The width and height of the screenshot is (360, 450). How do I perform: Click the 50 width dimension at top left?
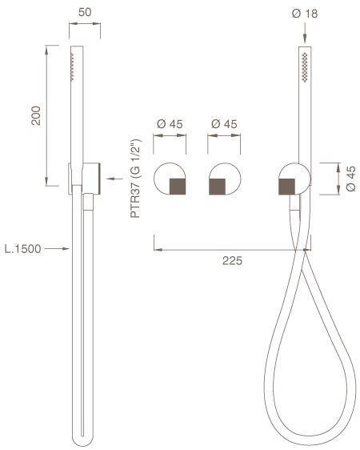click(x=85, y=12)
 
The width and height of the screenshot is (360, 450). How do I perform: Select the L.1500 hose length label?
click(x=23, y=249)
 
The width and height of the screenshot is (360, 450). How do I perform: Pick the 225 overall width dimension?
click(x=232, y=261)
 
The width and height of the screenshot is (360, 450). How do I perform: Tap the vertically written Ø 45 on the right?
click(x=350, y=179)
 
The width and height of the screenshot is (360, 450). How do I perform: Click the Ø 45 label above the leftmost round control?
click(x=170, y=124)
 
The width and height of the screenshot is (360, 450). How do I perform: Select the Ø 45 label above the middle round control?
click(x=223, y=124)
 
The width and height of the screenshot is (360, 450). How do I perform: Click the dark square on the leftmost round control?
click(x=178, y=187)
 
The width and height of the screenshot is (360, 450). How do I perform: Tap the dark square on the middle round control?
click(x=218, y=187)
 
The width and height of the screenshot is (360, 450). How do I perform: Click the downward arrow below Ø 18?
click(x=304, y=40)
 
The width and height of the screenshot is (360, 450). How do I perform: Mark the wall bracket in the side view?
click(x=86, y=178)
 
